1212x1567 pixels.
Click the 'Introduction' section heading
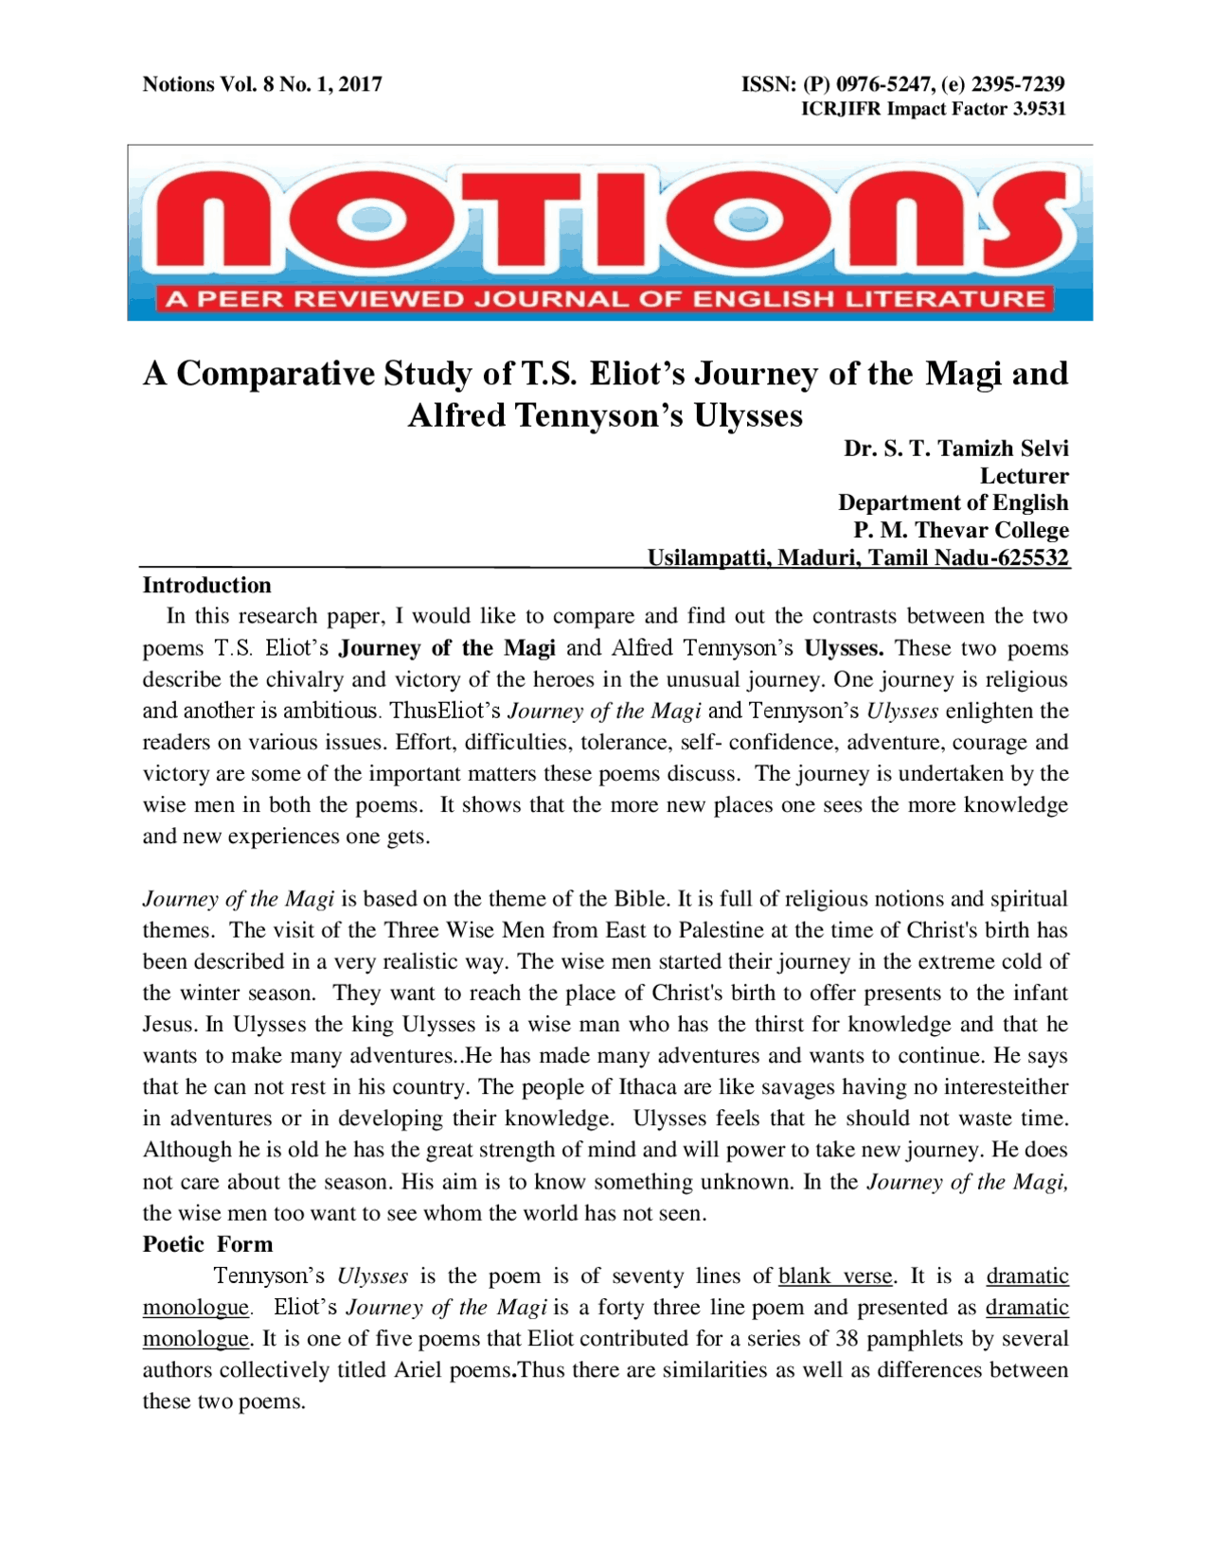pyautogui.click(x=206, y=585)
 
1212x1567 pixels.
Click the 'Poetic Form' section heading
pyautogui.click(x=207, y=1244)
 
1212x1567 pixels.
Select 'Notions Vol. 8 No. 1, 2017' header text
pyautogui.click(x=262, y=84)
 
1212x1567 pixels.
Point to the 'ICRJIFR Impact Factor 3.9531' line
pyautogui.click(x=933, y=109)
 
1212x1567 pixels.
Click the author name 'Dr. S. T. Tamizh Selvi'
pyautogui.click(x=955, y=449)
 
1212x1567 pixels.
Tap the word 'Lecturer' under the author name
pyautogui.click(x=1024, y=476)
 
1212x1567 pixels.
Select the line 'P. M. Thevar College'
pyautogui.click(x=960, y=530)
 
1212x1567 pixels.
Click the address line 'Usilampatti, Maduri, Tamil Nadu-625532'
pyautogui.click(x=857, y=557)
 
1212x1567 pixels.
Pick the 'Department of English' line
pyautogui.click(x=953, y=502)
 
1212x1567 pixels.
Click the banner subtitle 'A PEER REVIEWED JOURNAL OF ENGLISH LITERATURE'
pyautogui.click(x=605, y=300)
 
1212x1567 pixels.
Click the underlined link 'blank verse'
pyautogui.click(x=834, y=1276)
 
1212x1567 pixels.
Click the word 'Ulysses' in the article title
pyautogui.click(x=748, y=415)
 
